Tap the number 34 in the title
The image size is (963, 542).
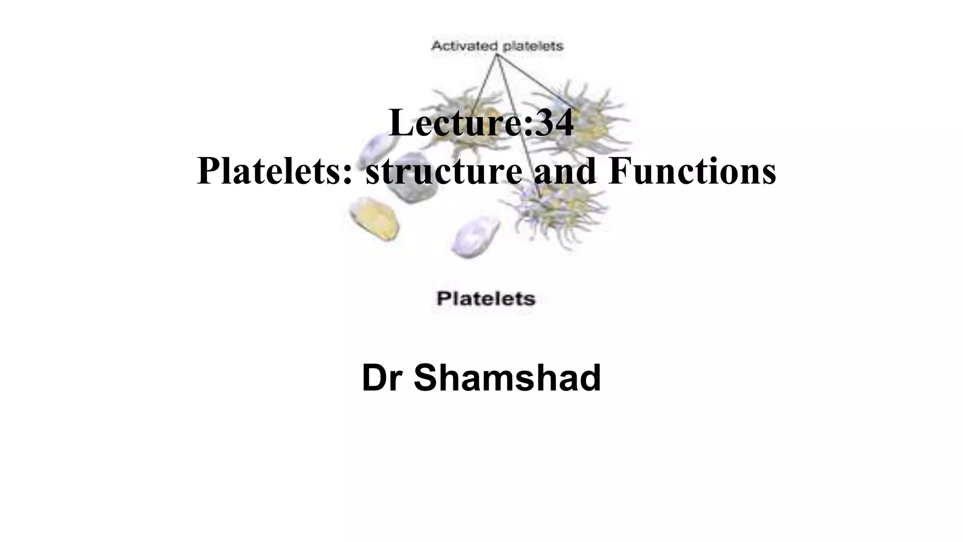tap(554, 123)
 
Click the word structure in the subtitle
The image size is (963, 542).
tap(443, 171)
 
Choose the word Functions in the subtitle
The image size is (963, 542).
tap(692, 171)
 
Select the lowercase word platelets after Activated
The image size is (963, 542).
tap(533, 46)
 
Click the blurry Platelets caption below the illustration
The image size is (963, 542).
tap(486, 299)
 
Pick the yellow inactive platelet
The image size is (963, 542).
tap(375, 217)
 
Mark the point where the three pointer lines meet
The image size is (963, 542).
tap(497, 54)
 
